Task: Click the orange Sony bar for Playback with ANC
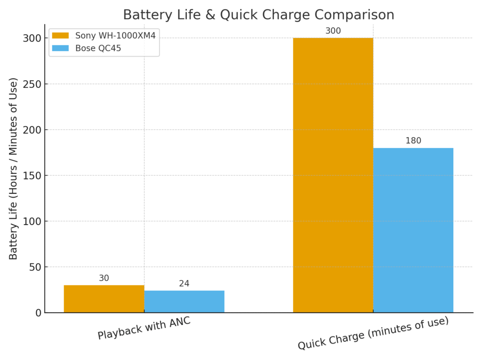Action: click(x=104, y=299)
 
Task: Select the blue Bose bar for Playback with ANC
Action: click(x=184, y=301)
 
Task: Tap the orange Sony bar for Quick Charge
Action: click(x=333, y=175)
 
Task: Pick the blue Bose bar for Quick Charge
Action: click(x=413, y=230)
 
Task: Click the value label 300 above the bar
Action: click(x=333, y=31)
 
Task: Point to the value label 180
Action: click(x=413, y=141)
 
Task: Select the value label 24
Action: click(x=184, y=284)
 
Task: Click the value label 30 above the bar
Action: click(x=104, y=278)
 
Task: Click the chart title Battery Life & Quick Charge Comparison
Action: click(x=258, y=15)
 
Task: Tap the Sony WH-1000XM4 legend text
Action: click(x=115, y=36)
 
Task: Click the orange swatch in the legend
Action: click(x=60, y=36)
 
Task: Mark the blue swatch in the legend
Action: click(x=60, y=48)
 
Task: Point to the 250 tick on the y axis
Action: click(x=32, y=84)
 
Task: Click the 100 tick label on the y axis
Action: click(x=32, y=221)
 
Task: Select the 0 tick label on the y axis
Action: click(x=38, y=313)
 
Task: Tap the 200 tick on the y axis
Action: click(x=32, y=130)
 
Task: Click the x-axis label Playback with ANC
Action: click(x=144, y=328)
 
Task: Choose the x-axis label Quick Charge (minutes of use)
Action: click(x=373, y=333)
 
